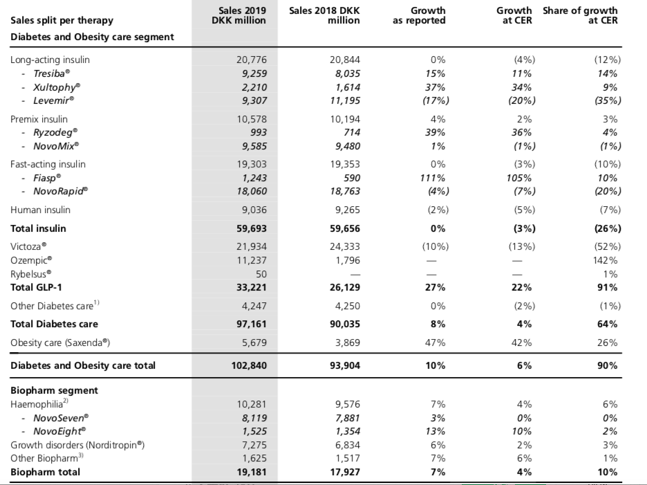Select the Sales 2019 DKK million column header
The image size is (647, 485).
click(x=239, y=15)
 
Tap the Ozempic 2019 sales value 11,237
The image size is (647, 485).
click(x=252, y=260)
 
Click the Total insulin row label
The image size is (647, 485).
click(x=38, y=228)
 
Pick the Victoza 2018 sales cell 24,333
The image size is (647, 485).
click(x=345, y=246)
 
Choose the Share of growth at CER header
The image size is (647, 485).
click(x=580, y=15)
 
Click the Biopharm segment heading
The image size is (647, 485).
click(x=54, y=390)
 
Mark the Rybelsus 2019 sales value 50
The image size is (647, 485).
click(x=261, y=274)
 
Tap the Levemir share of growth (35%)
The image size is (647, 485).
click(x=608, y=100)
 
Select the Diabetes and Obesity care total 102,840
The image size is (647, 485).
click(x=249, y=365)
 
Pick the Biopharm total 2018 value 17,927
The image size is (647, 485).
click(x=345, y=472)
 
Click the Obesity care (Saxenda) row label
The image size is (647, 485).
click(x=60, y=343)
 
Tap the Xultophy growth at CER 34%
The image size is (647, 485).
click(x=522, y=88)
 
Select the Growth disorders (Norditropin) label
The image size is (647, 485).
click(x=77, y=445)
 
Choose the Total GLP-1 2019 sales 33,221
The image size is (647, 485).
click(x=252, y=288)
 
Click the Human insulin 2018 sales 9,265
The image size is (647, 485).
click(x=348, y=210)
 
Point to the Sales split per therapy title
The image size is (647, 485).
click(x=62, y=21)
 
